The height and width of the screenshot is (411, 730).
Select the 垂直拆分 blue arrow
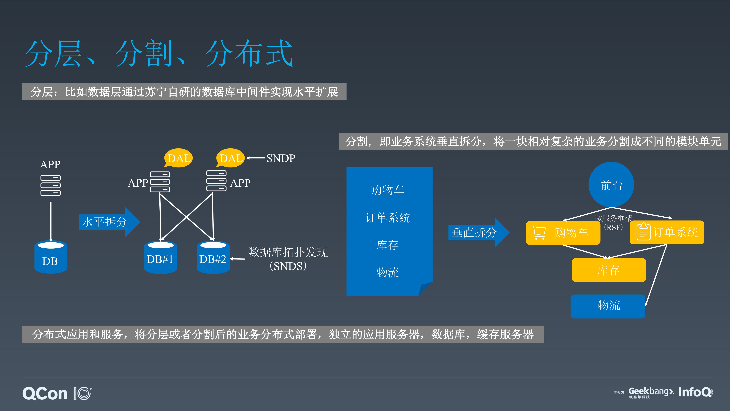coord(478,233)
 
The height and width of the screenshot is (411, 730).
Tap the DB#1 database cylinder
coord(160,258)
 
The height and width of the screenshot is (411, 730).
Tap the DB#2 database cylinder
coord(213,258)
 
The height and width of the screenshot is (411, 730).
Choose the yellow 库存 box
coord(609,270)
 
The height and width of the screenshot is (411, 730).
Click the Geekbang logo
coord(651,392)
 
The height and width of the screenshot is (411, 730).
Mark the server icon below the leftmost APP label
coord(51,185)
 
